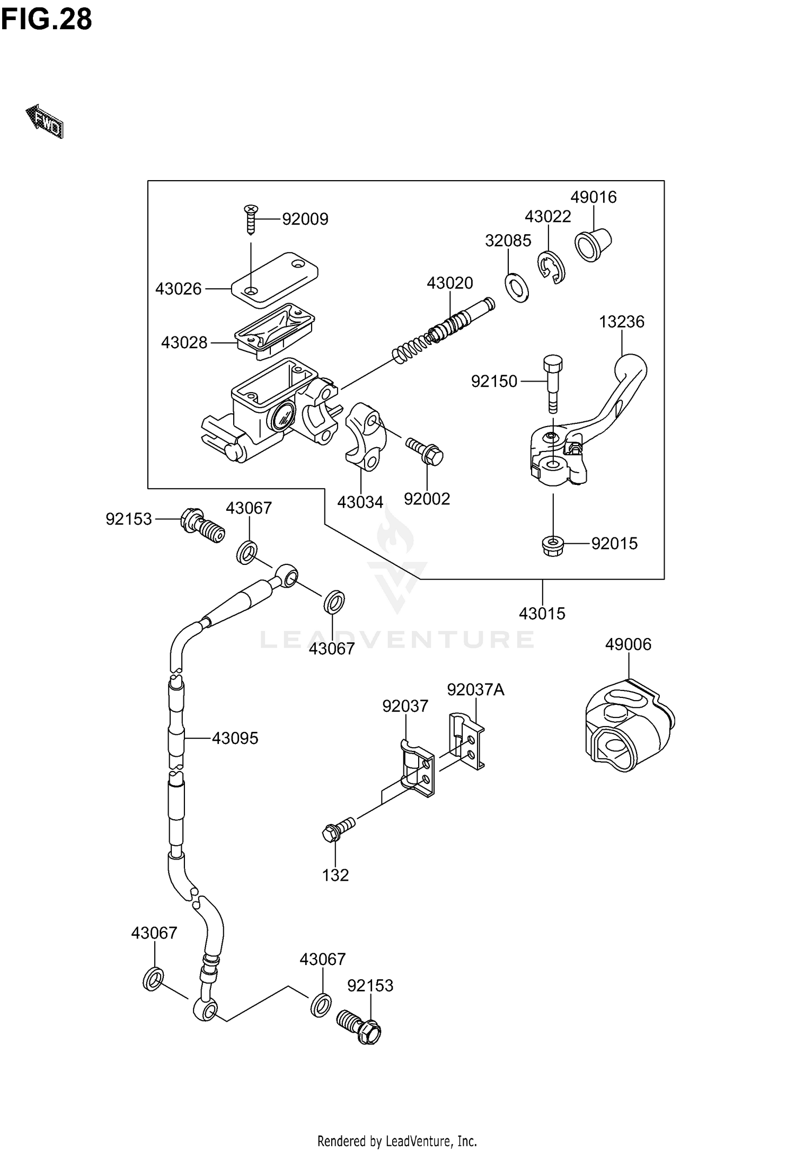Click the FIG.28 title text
[47, 20]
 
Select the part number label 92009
[305, 219]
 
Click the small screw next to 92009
[251, 218]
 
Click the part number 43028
[184, 342]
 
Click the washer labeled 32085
[517, 288]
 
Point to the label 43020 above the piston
[449, 283]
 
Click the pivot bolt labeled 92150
[552, 383]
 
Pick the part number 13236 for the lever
[621, 322]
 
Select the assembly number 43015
[542, 613]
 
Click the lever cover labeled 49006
[628, 726]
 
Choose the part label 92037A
[475, 689]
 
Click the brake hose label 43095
[235, 738]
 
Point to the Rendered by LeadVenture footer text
[397, 1140]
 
